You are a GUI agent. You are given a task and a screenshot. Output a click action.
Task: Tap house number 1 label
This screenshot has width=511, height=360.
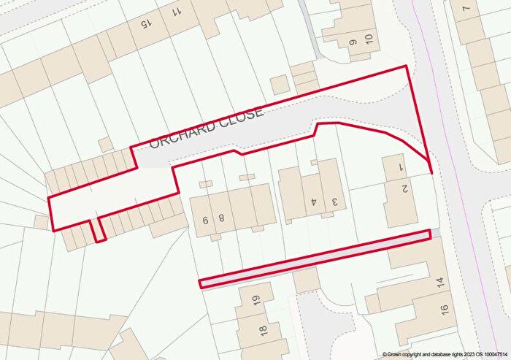[x=401, y=167]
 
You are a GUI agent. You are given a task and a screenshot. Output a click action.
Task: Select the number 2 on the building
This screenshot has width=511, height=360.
[x=404, y=189]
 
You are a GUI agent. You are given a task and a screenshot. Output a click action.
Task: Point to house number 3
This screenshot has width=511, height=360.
[x=335, y=201]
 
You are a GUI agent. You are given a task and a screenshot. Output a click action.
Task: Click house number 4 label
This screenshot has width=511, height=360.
[x=312, y=201]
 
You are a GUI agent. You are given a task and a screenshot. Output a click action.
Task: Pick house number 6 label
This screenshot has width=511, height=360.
[x=206, y=218]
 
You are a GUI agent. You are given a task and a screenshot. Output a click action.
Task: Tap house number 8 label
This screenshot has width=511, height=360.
[x=220, y=218]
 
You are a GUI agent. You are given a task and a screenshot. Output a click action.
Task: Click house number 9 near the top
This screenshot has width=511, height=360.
[x=353, y=42]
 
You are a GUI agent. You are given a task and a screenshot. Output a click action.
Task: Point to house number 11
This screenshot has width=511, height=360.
[x=177, y=12]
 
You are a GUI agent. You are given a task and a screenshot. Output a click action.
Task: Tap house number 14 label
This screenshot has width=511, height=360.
[x=440, y=281]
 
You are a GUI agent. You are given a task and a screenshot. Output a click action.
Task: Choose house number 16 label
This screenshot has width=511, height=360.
[x=445, y=309]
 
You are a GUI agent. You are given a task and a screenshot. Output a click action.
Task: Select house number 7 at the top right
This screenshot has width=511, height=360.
[x=466, y=9]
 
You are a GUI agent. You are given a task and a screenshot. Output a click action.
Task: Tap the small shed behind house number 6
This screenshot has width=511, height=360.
[x=206, y=183]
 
